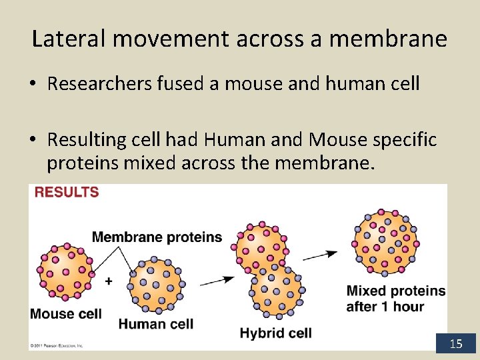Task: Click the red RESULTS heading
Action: pos(66,192)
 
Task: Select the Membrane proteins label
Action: pos(157,237)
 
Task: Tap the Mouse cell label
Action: pos(65,313)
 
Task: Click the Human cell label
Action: pos(156,324)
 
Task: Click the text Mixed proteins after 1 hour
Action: pos(395,299)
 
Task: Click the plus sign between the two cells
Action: pos(109,281)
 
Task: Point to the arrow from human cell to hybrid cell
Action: pos(217,281)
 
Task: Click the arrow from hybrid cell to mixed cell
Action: pos(321,255)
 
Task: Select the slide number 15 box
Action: pos(456,343)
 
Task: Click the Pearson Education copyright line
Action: pos(56,346)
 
